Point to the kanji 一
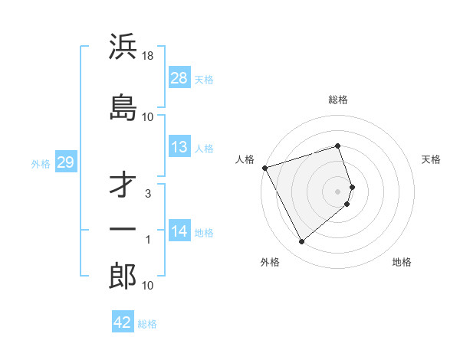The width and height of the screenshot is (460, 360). click(x=123, y=230)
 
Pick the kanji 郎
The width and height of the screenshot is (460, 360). click(x=123, y=277)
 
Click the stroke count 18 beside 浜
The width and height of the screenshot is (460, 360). click(x=149, y=57)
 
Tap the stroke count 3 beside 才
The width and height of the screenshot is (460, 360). click(x=148, y=194)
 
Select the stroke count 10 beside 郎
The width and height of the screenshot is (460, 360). click(x=148, y=286)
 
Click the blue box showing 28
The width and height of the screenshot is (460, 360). click(x=179, y=78)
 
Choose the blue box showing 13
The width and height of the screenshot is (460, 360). click(x=179, y=148)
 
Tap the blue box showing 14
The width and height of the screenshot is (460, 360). click(x=179, y=232)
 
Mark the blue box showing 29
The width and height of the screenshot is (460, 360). click(x=65, y=163)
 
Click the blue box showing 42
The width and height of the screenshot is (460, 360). click(x=123, y=322)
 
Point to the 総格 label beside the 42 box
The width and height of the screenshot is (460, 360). click(x=147, y=323)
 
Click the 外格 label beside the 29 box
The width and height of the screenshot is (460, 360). click(x=41, y=164)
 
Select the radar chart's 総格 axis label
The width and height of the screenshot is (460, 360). click(x=338, y=100)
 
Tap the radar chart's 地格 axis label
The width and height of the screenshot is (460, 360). click(x=402, y=262)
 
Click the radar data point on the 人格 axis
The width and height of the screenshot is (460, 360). click(x=264, y=168)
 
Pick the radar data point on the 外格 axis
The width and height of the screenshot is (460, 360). click(x=301, y=242)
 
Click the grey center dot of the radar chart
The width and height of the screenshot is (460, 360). click(x=338, y=191)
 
